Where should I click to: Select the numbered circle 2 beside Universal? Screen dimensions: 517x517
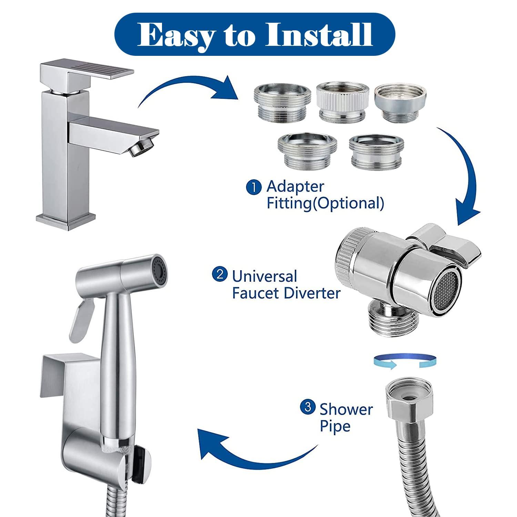[x=220, y=275]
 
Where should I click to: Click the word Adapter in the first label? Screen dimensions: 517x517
[x=295, y=186]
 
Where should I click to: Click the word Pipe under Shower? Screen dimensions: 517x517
[x=335, y=426]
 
